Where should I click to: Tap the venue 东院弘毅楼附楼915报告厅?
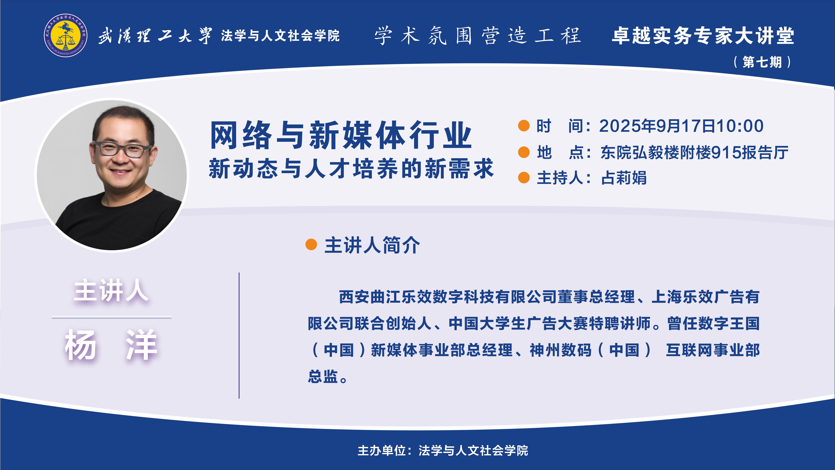tap(694, 153)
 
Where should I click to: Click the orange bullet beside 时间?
tap(524, 126)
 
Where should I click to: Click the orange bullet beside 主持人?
tap(524, 178)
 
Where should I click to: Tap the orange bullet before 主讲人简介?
tap(311, 245)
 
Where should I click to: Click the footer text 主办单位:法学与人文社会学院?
tap(443, 451)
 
